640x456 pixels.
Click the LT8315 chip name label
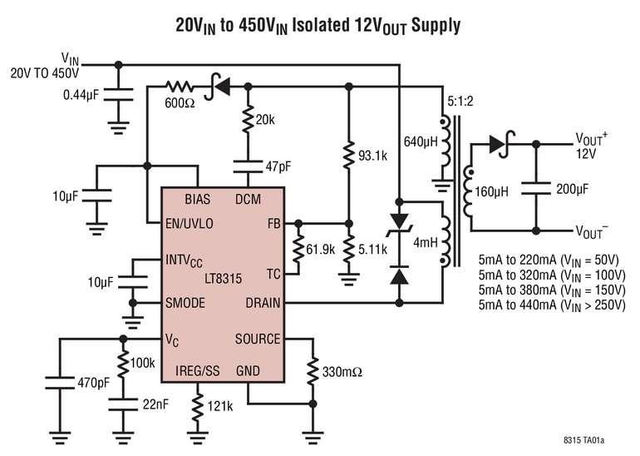click(x=224, y=279)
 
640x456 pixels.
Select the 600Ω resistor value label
click(x=180, y=103)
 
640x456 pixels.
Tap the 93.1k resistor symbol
click(x=348, y=156)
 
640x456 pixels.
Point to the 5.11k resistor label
click(x=372, y=250)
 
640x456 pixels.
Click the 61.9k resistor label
click(x=320, y=250)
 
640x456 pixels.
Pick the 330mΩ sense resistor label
click(x=342, y=372)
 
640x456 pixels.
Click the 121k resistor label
click(x=220, y=406)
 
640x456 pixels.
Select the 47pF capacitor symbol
click(x=248, y=166)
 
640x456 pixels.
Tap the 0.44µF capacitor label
click(x=81, y=95)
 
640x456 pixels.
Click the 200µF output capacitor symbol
click(x=536, y=189)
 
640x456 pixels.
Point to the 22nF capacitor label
click(x=155, y=404)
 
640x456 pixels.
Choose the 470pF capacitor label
click(x=93, y=383)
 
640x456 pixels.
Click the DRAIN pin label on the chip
click(x=263, y=303)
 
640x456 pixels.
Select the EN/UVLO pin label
click(x=190, y=224)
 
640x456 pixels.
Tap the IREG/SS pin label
click(x=197, y=371)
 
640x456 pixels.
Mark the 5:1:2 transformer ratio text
click(x=460, y=101)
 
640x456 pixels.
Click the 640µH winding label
click(x=421, y=141)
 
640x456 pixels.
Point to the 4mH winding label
click(x=426, y=243)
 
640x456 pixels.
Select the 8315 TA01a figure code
click(x=583, y=440)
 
